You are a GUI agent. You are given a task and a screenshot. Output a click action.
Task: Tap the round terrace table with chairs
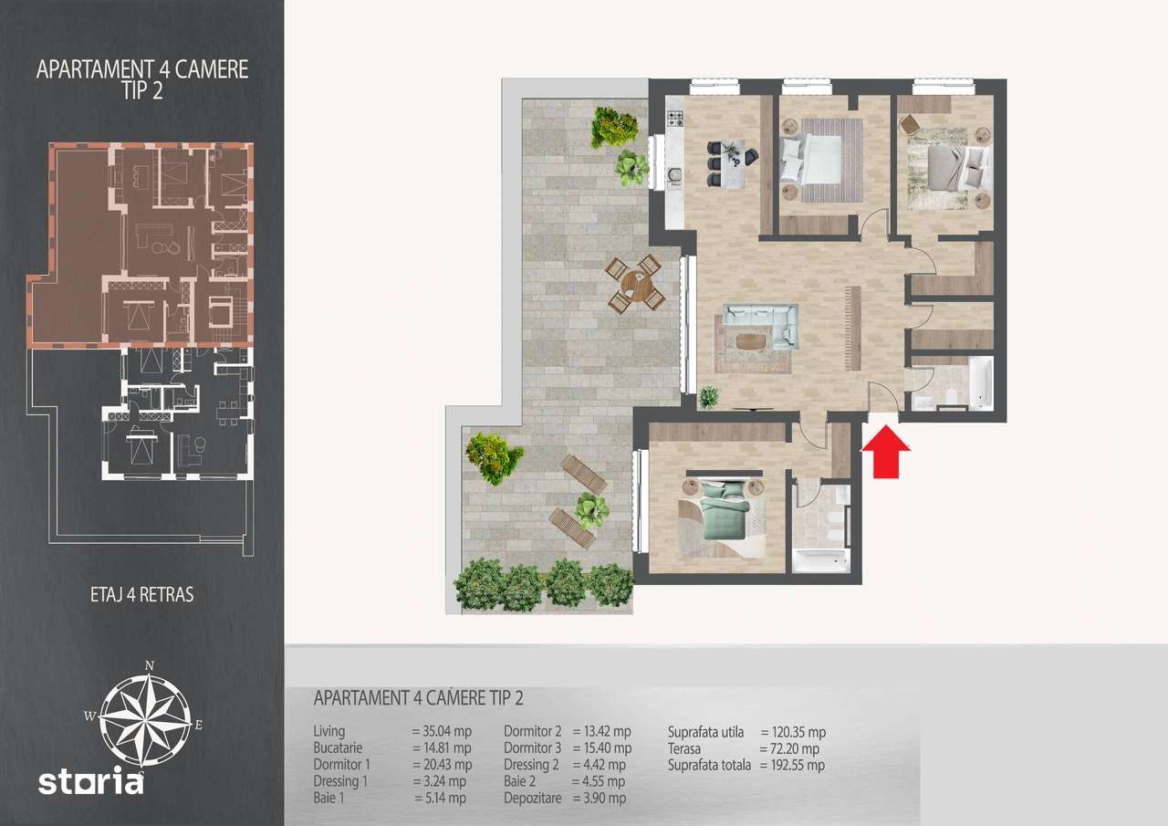point(635,284)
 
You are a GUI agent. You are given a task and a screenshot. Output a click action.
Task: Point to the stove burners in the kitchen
point(675,118)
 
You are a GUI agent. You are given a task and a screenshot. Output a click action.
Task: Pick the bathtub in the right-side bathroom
point(980,383)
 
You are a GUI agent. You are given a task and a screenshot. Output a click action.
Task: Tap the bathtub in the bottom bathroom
point(820,559)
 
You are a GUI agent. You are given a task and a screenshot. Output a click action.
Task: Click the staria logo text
point(91,782)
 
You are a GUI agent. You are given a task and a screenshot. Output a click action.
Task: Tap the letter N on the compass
point(149,664)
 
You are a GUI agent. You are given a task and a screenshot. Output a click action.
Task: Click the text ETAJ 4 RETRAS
point(141,595)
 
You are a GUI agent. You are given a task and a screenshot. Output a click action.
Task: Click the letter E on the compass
point(199,726)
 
